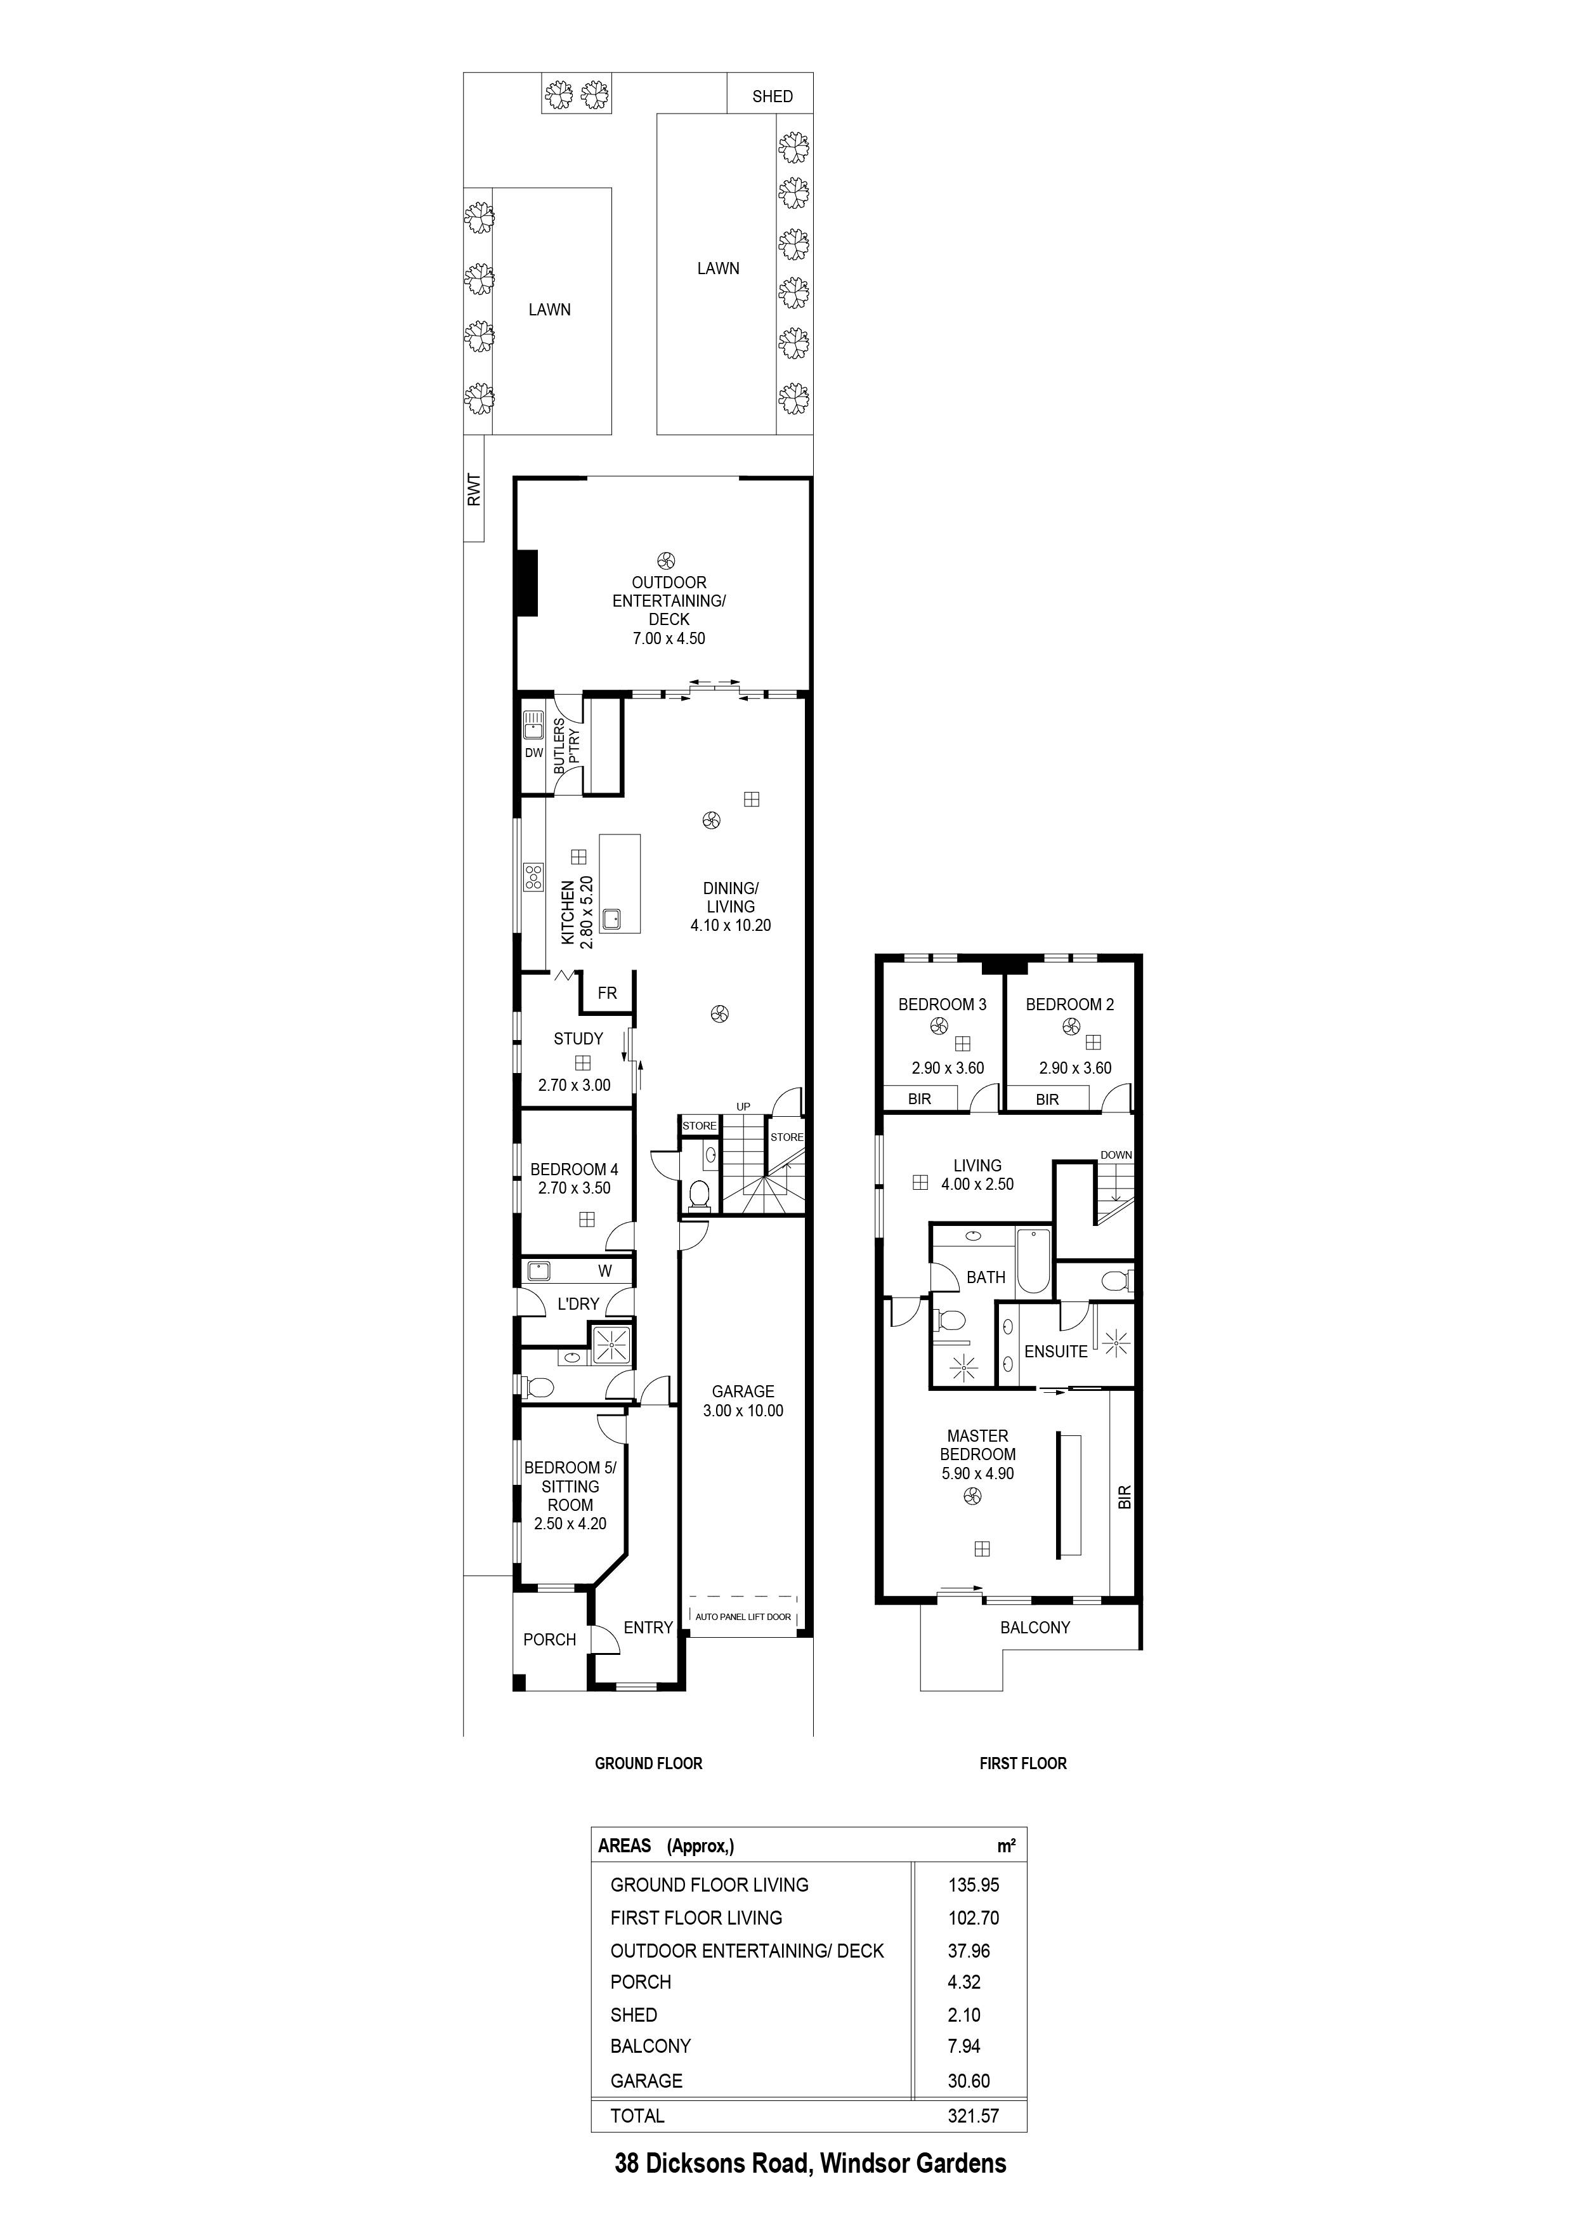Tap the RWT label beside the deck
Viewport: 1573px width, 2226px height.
[x=474, y=490]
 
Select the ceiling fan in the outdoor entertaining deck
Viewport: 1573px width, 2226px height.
[x=666, y=560]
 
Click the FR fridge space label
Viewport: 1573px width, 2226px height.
[x=607, y=993]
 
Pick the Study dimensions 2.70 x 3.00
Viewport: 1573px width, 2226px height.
[x=574, y=1085]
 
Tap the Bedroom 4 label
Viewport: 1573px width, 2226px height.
[x=574, y=1169]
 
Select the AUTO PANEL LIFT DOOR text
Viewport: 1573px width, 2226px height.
[x=742, y=1616]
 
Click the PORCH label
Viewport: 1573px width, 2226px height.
[x=549, y=1640]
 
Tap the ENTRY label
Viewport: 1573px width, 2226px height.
[x=648, y=1628]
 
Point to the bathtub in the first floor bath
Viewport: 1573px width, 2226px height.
[x=1033, y=1260]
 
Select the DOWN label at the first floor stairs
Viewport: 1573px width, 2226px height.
[x=1116, y=1155]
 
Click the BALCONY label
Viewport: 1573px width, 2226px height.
[x=1034, y=1628]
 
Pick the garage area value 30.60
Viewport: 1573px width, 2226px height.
[x=969, y=2081]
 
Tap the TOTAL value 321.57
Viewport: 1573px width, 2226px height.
[x=973, y=2116]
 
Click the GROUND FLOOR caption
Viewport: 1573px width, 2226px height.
[x=648, y=1763]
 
